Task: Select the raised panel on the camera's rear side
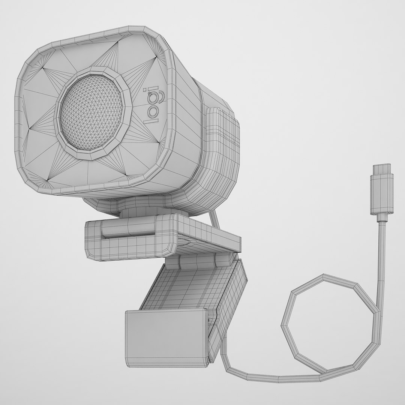point(221,139)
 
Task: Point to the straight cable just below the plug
point(382,244)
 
